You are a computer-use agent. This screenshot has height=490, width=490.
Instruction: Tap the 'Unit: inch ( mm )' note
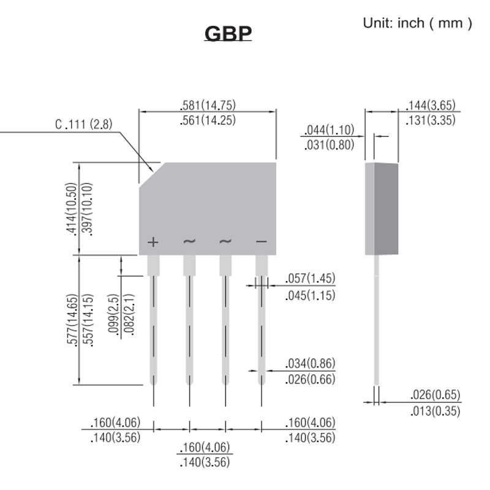tap(418, 23)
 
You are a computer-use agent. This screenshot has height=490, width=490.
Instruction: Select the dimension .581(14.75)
tap(208, 105)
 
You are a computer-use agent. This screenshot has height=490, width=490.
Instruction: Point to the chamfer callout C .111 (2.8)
tap(84, 124)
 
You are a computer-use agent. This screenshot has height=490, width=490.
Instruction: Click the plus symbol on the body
tap(153, 243)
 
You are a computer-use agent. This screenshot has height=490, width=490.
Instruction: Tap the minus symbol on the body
tap(262, 243)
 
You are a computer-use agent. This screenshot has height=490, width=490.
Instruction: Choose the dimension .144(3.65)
tap(431, 105)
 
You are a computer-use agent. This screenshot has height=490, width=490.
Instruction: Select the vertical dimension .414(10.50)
tap(72, 209)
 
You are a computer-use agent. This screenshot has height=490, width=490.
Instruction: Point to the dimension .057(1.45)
tap(311, 279)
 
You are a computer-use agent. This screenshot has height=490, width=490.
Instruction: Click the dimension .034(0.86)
tap(311, 364)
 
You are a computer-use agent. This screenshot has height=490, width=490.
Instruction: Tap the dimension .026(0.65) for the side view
tap(435, 395)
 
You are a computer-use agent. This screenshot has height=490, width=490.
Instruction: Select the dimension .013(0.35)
tap(435, 412)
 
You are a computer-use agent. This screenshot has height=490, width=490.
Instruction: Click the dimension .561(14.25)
tap(208, 121)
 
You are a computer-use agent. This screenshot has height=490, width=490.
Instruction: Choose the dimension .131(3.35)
tap(431, 121)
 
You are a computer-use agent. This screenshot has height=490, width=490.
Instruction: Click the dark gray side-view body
tap(382, 208)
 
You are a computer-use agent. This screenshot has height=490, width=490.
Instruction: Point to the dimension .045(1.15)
tap(311, 296)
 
